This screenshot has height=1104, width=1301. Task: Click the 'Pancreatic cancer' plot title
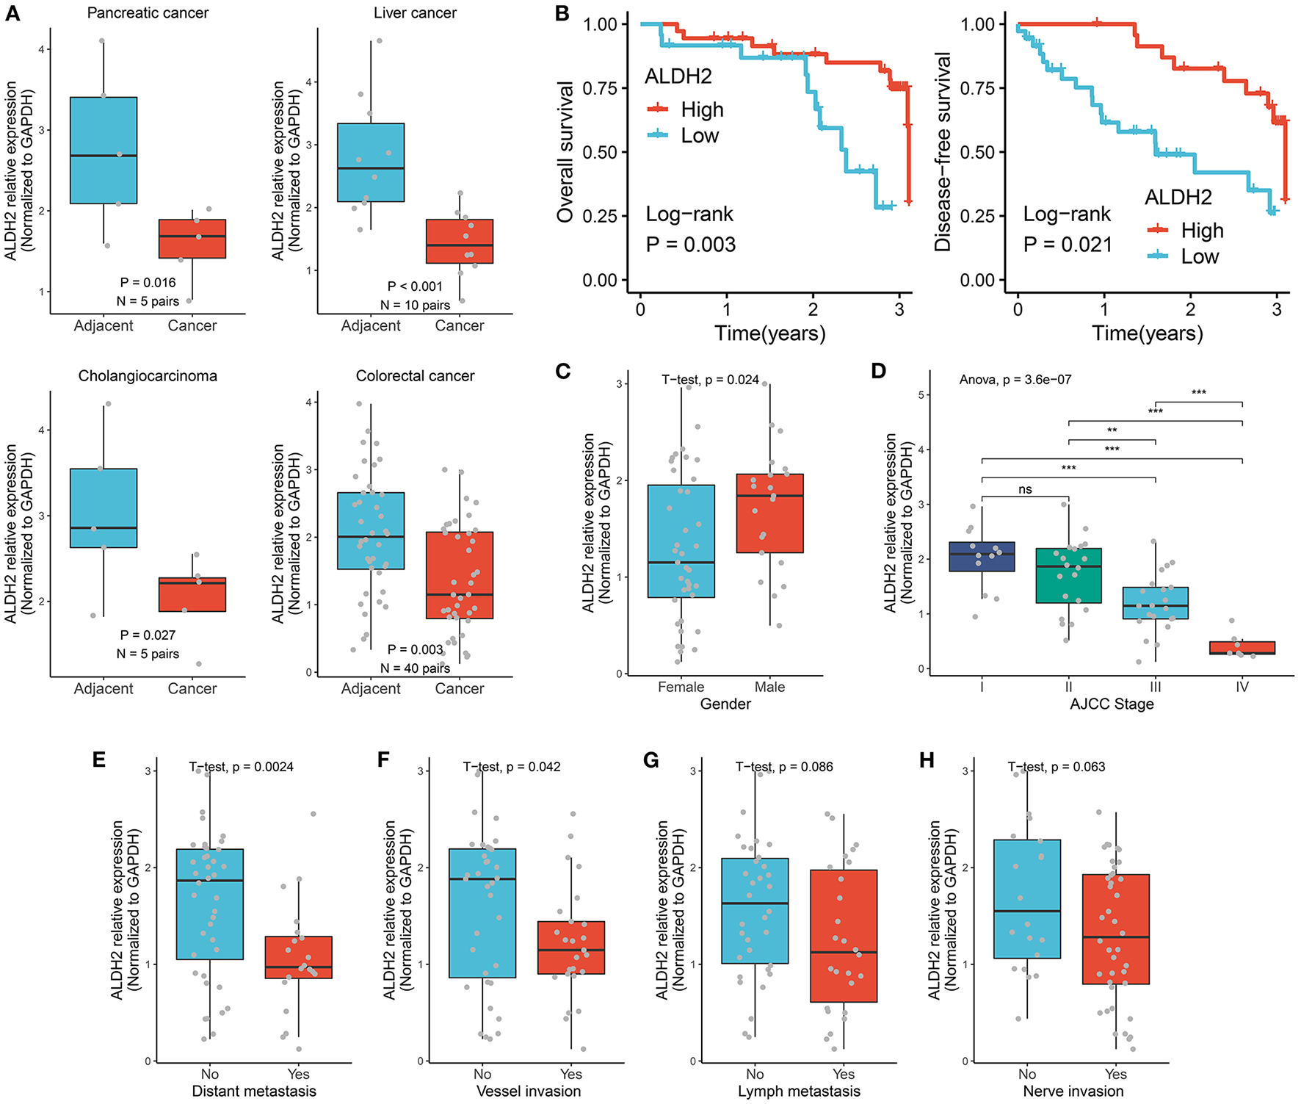click(148, 13)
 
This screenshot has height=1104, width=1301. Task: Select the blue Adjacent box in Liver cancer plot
click(371, 162)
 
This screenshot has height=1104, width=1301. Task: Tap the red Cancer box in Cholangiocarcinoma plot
click(192, 594)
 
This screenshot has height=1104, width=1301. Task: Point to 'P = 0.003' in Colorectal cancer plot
click(415, 649)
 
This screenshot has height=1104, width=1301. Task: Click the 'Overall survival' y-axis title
click(565, 152)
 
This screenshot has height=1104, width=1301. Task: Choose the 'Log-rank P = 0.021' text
click(1068, 229)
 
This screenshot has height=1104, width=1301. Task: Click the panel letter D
click(878, 371)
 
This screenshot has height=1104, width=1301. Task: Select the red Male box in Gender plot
click(769, 513)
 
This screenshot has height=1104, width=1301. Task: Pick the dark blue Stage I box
click(982, 557)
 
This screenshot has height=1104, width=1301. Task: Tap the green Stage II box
click(1068, 576)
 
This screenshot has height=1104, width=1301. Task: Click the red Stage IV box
click(1242, 648)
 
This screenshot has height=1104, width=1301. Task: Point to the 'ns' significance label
click(1025, 490)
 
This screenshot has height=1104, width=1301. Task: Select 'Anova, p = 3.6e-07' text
click(1015, 380)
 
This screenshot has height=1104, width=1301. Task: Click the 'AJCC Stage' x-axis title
click(1112, 704)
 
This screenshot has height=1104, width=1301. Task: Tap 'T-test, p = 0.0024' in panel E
click(241, 767)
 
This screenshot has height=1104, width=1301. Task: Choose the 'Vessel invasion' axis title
click(529, 1092)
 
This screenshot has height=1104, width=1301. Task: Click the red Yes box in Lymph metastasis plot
click(844, 936)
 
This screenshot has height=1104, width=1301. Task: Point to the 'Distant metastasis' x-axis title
click(254, 1092)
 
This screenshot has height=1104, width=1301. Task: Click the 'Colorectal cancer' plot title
click(415, 376)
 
